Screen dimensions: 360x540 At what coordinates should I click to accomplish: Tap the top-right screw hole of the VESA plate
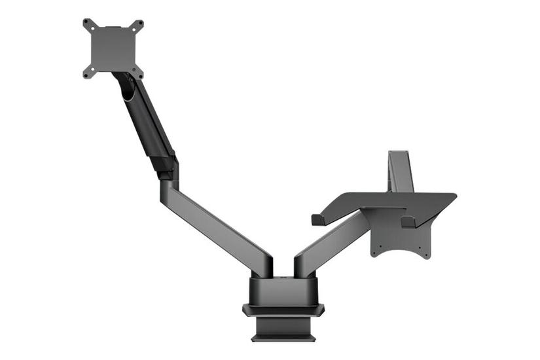(138, 24)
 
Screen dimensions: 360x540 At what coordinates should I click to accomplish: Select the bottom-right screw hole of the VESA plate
(138, 72)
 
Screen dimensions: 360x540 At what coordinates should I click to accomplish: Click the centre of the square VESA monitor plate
(113, 48)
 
